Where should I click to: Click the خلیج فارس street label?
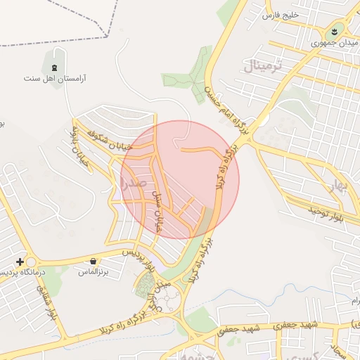[x=281, y=14]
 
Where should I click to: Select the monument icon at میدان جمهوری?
[x=335, y=31]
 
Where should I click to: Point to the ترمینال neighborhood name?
[x=266, y=67]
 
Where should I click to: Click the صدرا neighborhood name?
[x=134, y=184]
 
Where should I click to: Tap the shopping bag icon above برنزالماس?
[x=93, y=262]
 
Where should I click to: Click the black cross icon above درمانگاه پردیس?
[x=20, y=262]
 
